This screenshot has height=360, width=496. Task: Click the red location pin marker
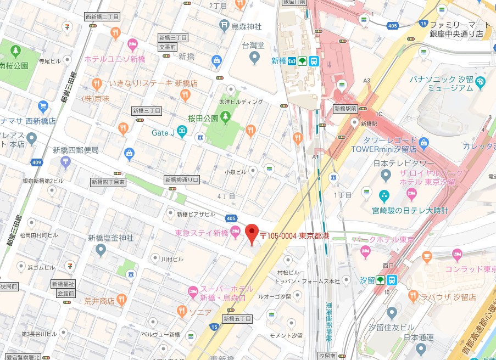(252, 234)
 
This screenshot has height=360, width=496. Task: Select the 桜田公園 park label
(203, 117)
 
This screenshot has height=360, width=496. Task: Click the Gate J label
(163, 132)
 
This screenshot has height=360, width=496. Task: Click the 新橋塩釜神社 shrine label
(110, 238)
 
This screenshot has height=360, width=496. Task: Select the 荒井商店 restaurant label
(99, 301)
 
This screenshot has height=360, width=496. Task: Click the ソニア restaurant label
(200, 312)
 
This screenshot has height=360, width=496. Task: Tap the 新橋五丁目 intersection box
(237, 318)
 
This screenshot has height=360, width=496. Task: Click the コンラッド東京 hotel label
(470, 269)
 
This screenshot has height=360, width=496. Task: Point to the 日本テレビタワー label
(404, 164)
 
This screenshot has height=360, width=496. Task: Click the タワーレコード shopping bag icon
(423, 143)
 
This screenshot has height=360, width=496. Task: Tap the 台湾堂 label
(253, 44)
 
